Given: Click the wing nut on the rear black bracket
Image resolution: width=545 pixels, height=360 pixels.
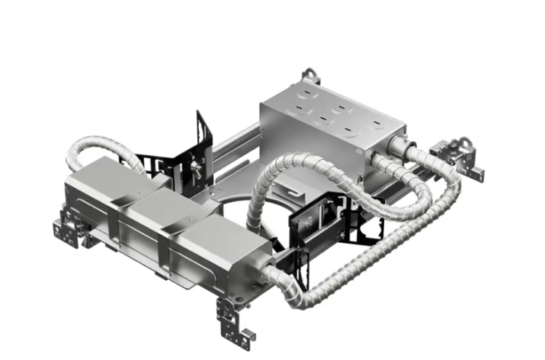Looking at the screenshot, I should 195,168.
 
